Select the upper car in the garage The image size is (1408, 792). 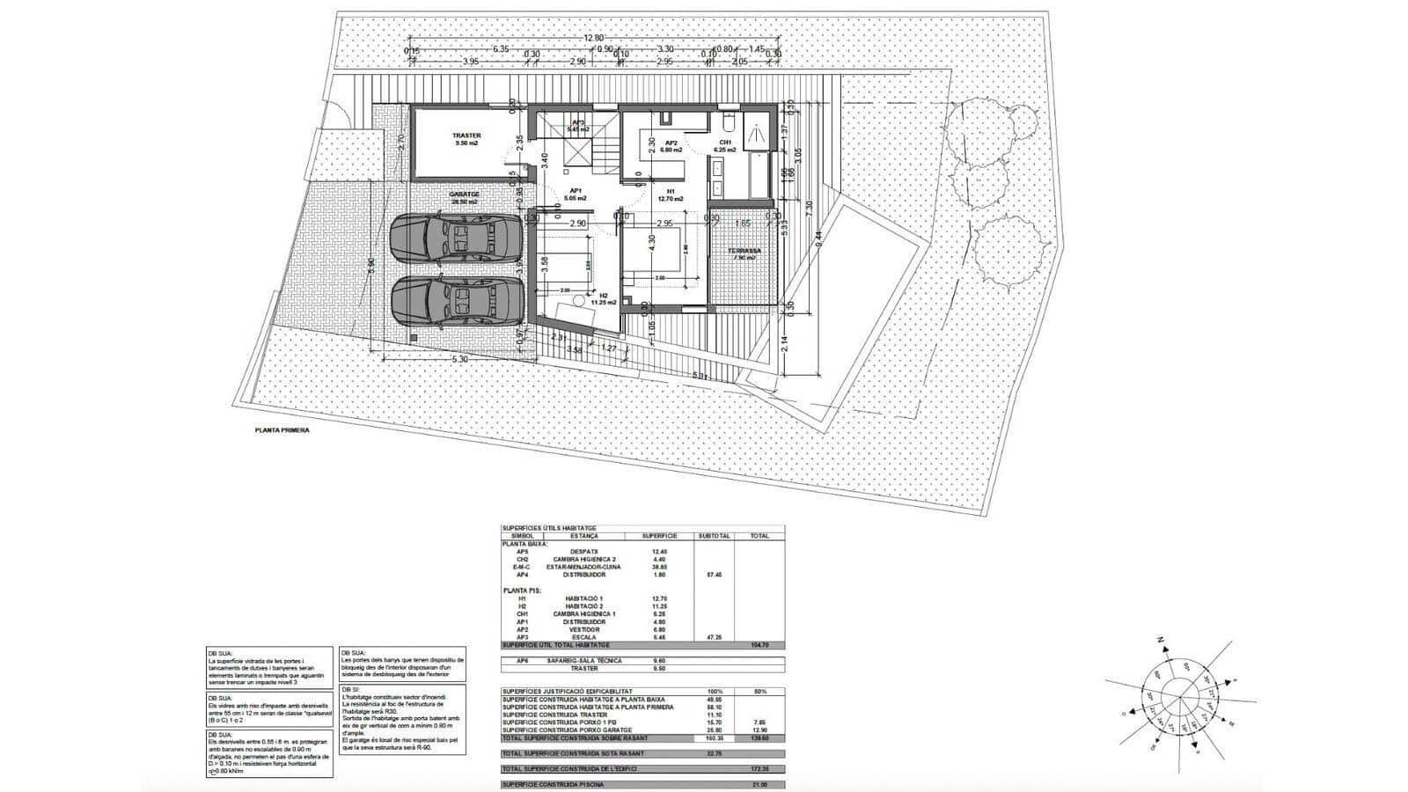point(457,238)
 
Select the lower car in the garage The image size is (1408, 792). point(457,303)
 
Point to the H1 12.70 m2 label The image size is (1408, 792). point(671,194)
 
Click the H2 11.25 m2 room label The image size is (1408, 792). point(605,299)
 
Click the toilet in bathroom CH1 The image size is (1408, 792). point(727,120)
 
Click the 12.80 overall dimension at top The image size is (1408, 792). point(593,38)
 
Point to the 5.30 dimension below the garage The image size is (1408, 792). point(458,360)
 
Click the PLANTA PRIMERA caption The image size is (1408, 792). point(282,431)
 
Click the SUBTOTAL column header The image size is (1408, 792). point(714,535)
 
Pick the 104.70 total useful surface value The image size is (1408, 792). point(759,645)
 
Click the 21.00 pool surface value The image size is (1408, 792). point(759,783)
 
